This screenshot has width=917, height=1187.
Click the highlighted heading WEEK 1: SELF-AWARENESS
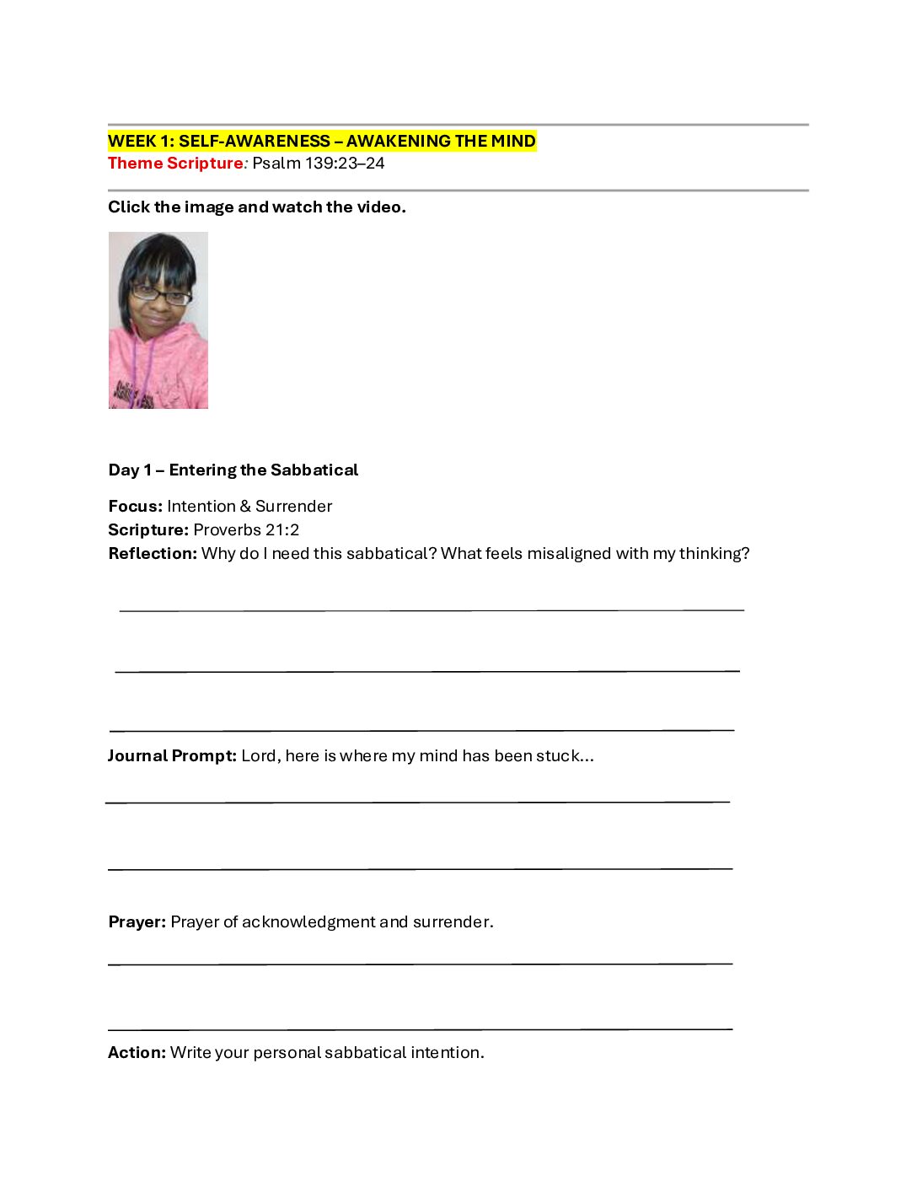pos(321,141)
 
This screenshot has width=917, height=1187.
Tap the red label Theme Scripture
pos(175,163)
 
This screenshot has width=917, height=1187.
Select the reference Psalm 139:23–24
pos(319,163)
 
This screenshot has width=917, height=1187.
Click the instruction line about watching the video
pos(257,207)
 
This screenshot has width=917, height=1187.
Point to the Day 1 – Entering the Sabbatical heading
pos(233,470)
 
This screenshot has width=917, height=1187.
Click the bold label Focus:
pos(135,507)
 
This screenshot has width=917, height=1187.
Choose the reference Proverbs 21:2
pos(246,530)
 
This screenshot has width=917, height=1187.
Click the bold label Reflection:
pos(153,554)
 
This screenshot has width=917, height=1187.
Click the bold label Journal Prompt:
pos(172,756)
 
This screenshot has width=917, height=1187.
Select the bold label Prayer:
pos(137,922)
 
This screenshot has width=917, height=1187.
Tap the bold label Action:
pos(137,1053)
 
